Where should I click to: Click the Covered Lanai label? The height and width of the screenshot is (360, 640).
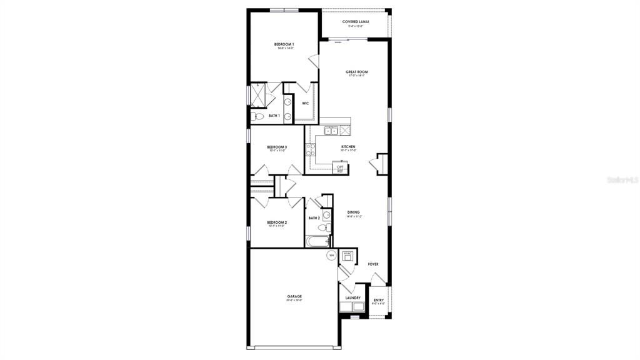point(356,22)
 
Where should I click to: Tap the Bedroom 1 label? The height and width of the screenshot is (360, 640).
point(284,44)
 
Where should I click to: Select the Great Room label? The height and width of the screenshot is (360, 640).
point(357,72)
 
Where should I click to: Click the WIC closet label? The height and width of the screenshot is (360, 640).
point(306,103)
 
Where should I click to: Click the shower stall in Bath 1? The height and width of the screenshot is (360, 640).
point(258,94)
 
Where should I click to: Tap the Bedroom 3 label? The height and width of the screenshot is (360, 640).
point(277,147)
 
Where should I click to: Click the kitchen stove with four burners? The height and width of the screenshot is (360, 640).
point(309,150)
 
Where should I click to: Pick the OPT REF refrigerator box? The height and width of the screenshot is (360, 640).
point(340,168)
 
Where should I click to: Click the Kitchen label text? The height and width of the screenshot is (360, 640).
point(348,147)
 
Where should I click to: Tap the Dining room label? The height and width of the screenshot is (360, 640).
point(354,212)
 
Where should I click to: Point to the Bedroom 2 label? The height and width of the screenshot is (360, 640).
point(277,222)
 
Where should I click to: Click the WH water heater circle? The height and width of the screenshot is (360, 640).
point(331,256)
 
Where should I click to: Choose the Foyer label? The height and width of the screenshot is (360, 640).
point(373,264)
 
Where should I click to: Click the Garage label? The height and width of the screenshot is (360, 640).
point(294,296)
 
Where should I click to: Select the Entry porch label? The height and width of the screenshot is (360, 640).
point(379,300)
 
